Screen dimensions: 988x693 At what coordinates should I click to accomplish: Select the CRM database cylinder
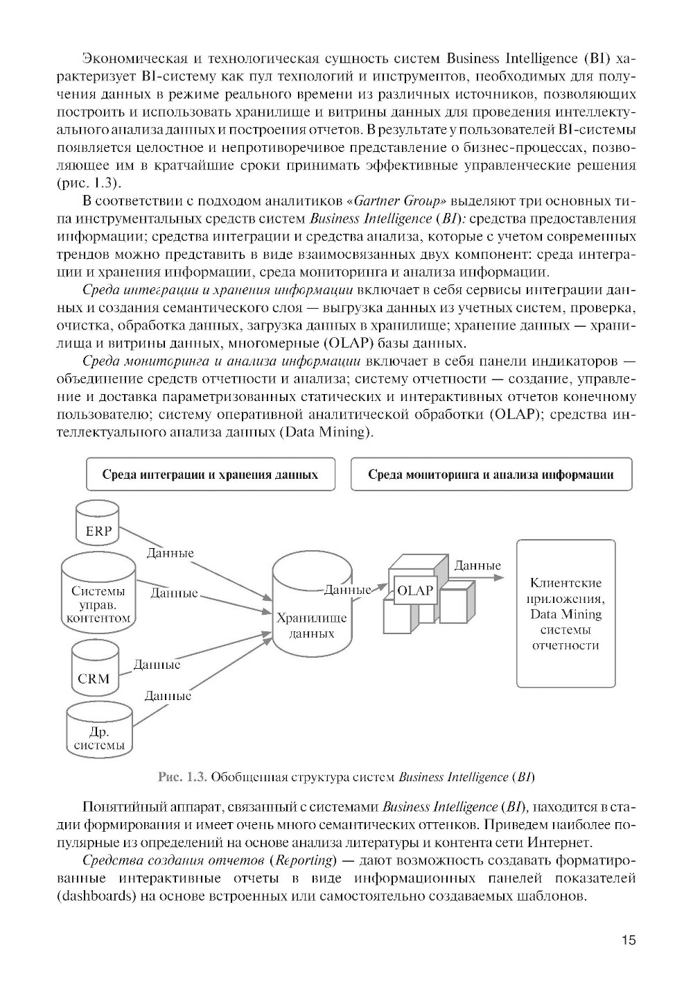94,669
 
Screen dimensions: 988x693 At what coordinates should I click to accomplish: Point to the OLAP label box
414,591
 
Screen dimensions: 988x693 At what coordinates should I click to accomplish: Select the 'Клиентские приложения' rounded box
565,613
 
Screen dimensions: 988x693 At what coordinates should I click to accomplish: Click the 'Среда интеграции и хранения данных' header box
210,475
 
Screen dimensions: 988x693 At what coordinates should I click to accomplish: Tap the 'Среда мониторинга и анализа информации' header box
491,475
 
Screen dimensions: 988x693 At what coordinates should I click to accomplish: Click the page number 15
628,941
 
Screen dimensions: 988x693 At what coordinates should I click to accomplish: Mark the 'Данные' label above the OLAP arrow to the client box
477,565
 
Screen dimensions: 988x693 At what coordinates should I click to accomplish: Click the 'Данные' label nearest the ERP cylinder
170,553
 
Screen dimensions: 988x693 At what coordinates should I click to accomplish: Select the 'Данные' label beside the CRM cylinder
157,664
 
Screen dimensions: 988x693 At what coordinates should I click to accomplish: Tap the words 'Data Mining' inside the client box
565,614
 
